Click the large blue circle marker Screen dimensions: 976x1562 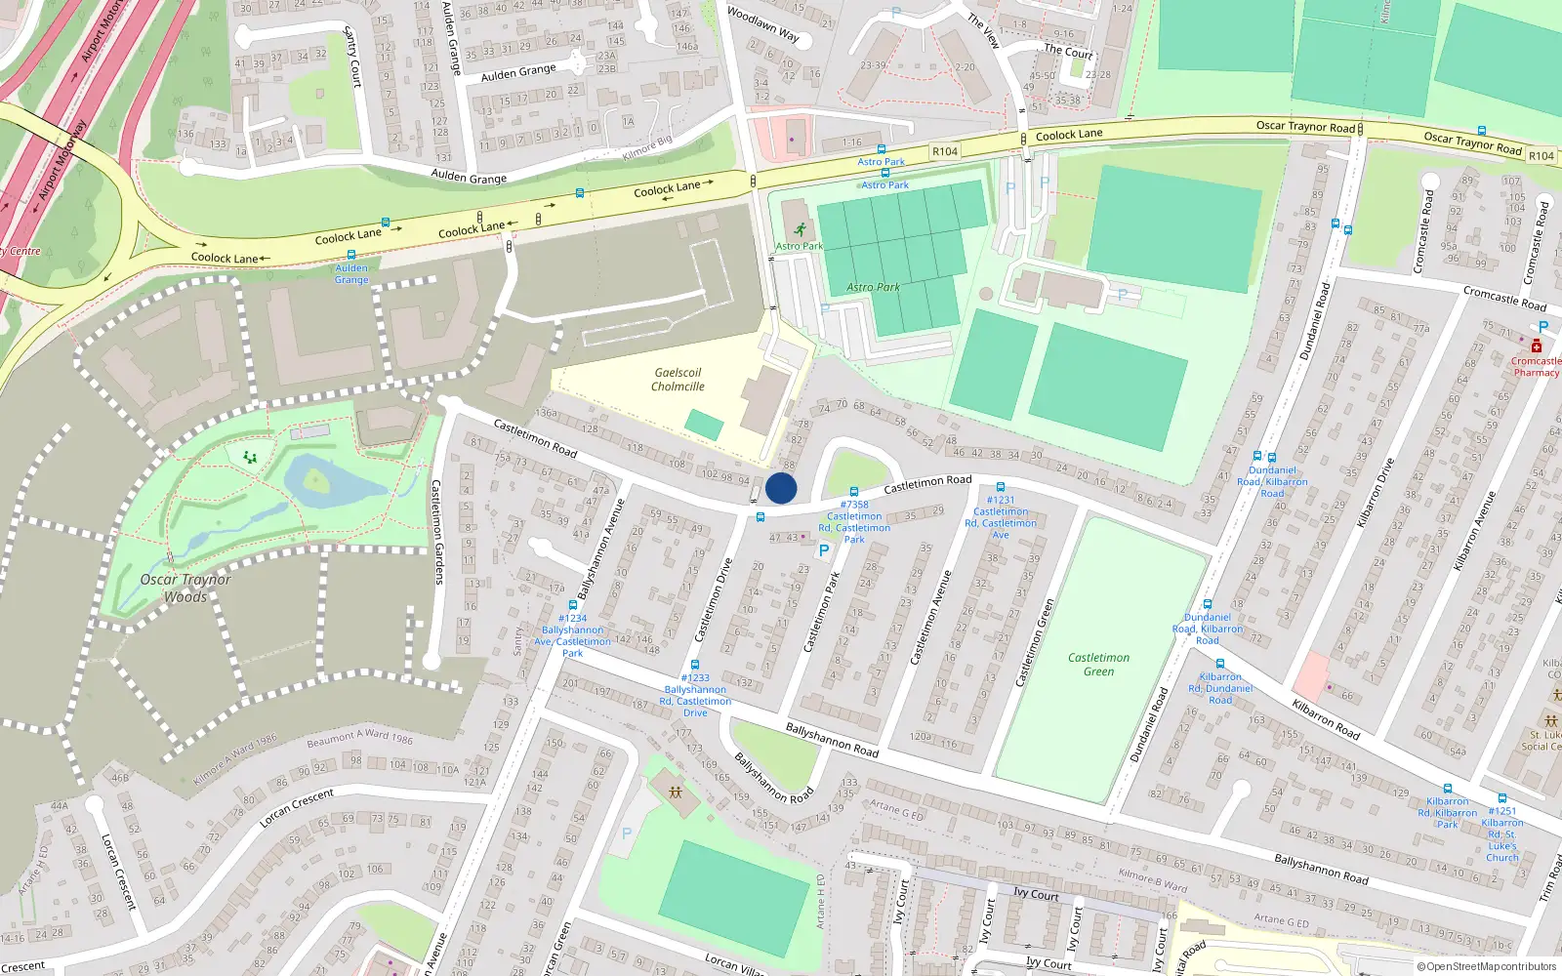point(781,488)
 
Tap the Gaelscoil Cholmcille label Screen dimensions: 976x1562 point(678,380)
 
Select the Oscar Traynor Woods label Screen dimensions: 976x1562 point(185,588)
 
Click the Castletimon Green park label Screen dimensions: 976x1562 point(1098,664)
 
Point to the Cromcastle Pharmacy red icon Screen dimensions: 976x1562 point(1536,346)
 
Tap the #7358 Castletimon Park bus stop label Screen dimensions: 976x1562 point(854,522)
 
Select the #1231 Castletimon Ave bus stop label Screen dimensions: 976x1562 point(1001,517)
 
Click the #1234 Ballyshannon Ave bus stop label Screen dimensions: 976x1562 point(573,635)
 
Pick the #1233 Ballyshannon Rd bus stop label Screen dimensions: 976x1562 point(695,695)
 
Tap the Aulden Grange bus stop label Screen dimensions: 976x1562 point(351,273)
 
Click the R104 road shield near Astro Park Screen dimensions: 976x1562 point(945,151)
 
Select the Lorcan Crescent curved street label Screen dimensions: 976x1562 point(297,808)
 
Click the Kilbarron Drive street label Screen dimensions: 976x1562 point(1376,493)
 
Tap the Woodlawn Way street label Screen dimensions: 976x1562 point(763,25)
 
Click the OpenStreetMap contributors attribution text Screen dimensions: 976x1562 point(1487,966)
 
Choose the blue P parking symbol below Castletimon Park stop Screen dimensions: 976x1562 point(824,550)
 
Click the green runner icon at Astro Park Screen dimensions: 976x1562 point(800,230)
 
